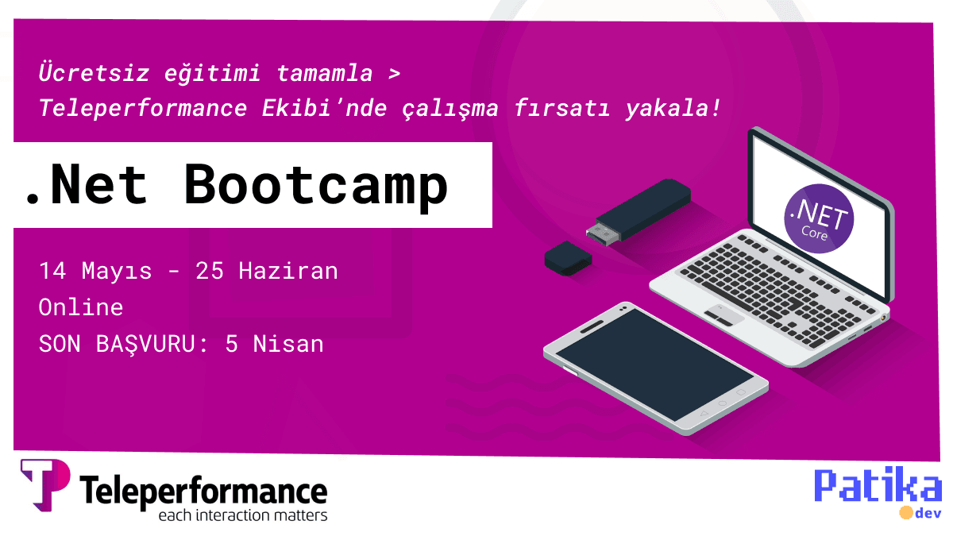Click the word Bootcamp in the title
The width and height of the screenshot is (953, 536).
click(316, 185)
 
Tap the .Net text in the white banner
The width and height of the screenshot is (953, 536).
click(86, 185)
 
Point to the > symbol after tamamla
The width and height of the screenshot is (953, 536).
click(395, 75)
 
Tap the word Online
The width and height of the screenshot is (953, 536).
click(81, 307)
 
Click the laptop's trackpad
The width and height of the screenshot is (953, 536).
click(724, 315)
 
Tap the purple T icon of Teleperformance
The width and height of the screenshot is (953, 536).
click(44, 484)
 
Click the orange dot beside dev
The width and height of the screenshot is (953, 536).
click(905, 512)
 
